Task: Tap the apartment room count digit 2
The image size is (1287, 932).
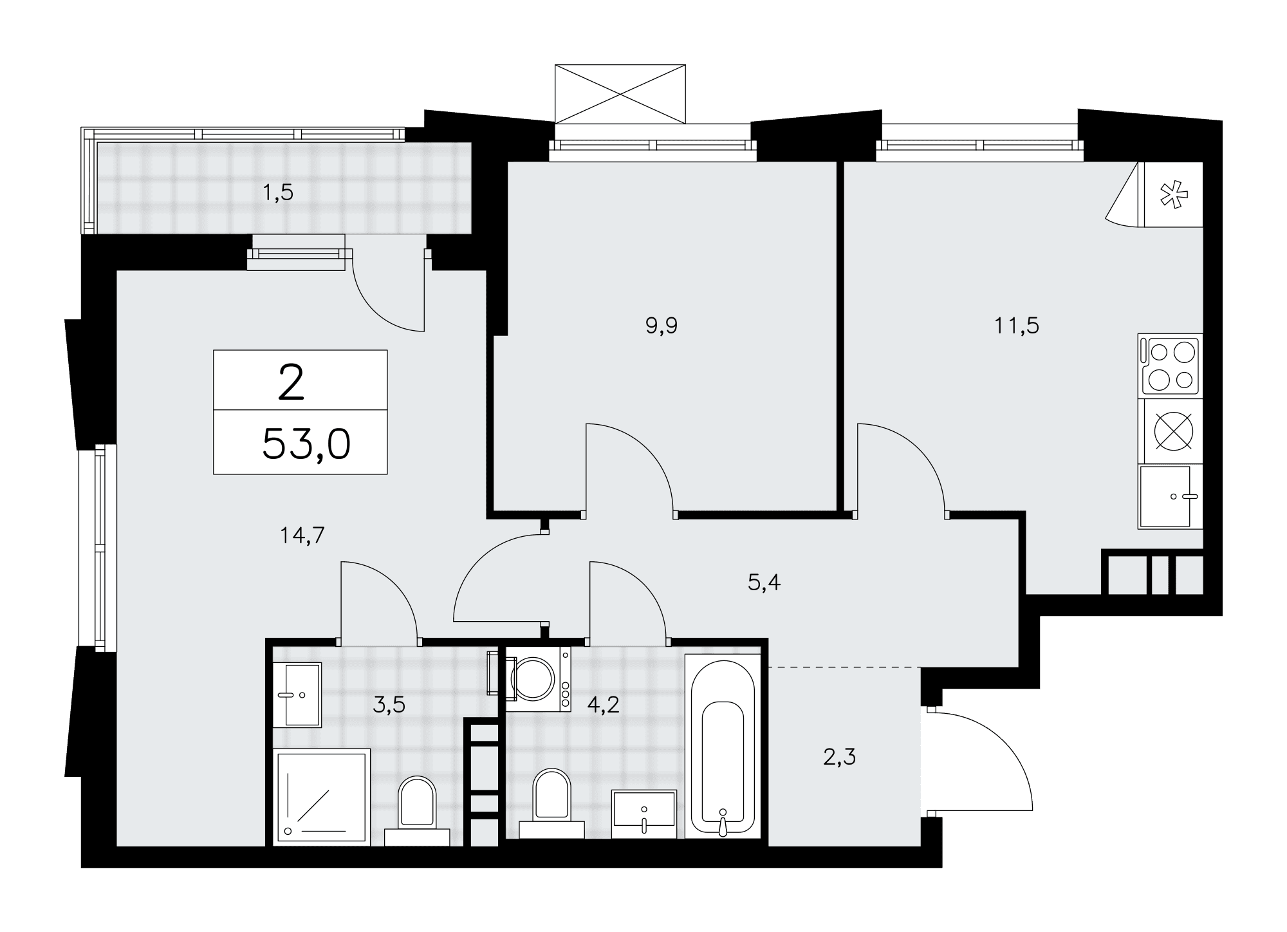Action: pos(291,383)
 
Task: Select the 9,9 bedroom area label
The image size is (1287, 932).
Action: pos(662,326)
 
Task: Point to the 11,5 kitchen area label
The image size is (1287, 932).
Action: pos(1017,326)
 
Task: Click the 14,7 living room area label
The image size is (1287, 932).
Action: pos(302,535)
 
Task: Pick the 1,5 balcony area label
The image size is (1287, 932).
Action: pos(278,192)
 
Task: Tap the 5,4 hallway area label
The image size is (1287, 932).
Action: pos(764,583)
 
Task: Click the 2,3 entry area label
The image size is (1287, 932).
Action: pos(840,757)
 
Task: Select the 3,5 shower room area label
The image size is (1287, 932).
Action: pos(389,705)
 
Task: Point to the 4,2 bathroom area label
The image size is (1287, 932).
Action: pos(603,705)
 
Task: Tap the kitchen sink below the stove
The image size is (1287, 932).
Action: pos(1170,496)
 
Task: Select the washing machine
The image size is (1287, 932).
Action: pos(538,679)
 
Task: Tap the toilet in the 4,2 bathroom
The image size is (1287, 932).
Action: pos(552,804)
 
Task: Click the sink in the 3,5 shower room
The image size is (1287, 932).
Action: pos(297,694)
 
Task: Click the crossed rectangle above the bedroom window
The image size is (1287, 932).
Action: pos(620,93)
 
